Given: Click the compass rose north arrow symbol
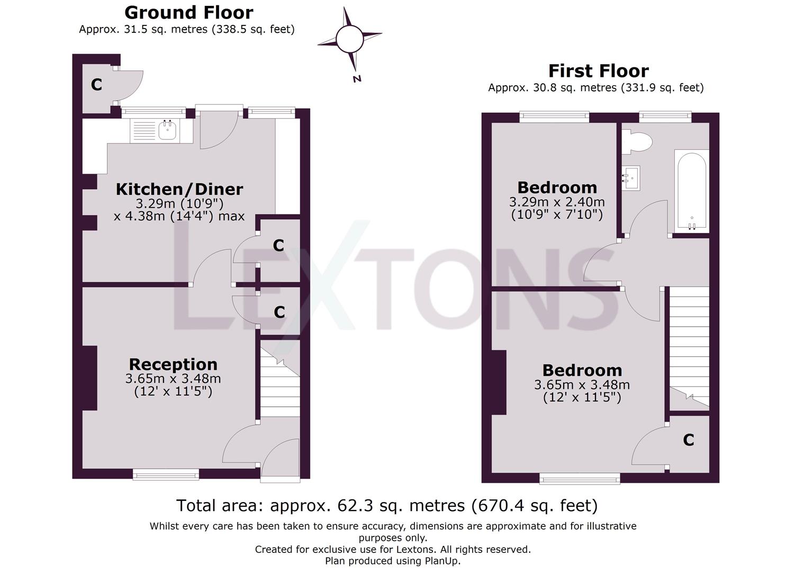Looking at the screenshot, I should (349, 41).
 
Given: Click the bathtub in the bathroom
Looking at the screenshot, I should (691, 191).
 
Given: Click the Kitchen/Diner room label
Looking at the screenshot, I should (179, 189).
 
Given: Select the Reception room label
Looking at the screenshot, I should (173, 364).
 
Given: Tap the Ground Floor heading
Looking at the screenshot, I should (188, 12).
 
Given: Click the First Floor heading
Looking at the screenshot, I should (598, 71).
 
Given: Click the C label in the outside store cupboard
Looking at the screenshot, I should (96, 85).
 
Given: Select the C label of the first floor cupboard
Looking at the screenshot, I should (688, 440).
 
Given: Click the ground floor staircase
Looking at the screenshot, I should (279, 379).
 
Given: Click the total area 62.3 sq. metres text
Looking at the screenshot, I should (387, 506).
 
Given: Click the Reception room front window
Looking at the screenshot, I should (166, 475).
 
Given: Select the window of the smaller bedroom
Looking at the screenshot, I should (554, 117).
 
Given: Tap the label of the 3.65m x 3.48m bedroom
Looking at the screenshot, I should (582, 370).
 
